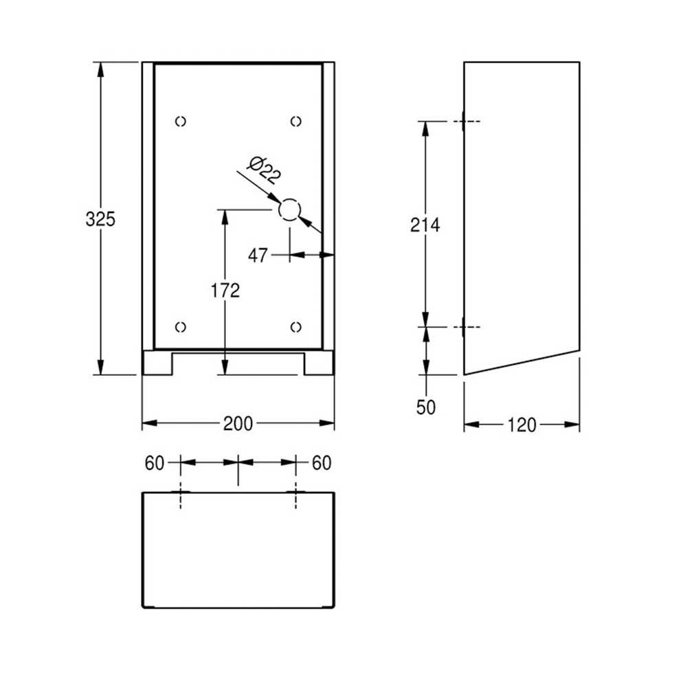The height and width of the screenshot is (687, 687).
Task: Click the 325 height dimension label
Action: pos(100,219)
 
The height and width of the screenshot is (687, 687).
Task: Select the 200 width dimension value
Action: pos(238,424)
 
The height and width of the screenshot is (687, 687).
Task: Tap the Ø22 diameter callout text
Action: pos(264,170)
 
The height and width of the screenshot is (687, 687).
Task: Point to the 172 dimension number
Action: pos(225,291)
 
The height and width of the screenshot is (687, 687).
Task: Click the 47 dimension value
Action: pos(258,256)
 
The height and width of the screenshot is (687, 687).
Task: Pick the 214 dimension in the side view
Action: pos(425,225)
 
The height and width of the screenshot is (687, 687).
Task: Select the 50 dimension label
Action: pos(426,407)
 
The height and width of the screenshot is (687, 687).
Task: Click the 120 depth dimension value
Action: pos(522,425)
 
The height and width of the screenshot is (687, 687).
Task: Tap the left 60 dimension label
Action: pos(154,463)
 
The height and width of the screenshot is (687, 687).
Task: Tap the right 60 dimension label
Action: pos(322,463)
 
